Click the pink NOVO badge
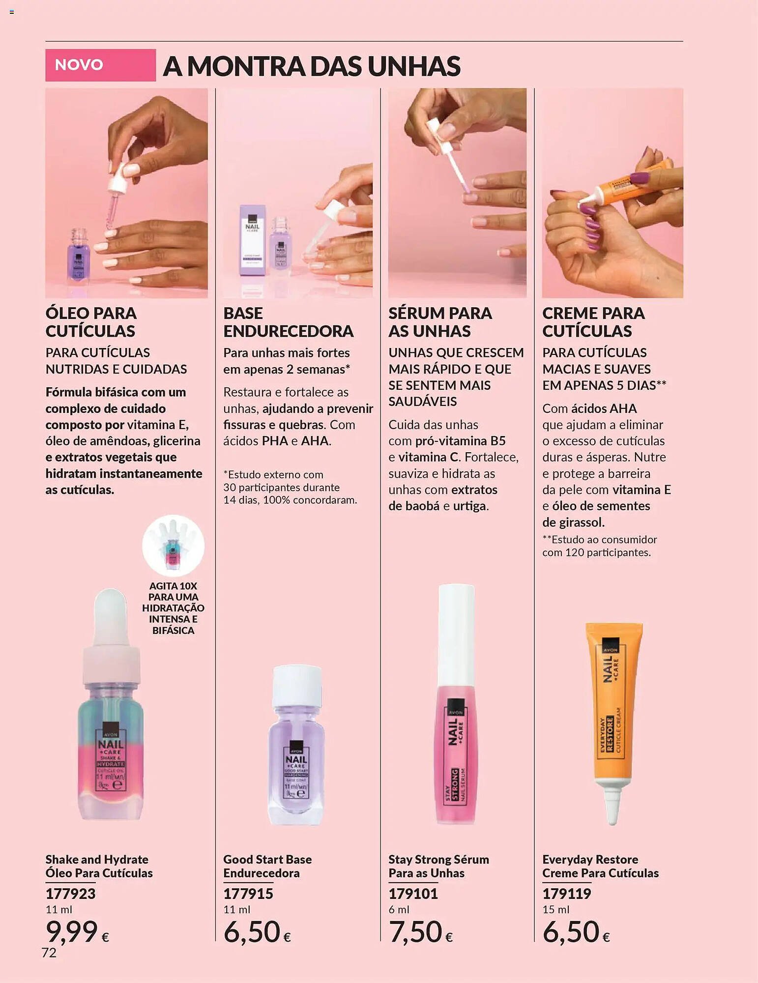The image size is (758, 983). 100,65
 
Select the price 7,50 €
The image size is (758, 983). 420,932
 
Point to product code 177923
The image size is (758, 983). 70,893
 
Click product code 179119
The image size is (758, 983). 566,893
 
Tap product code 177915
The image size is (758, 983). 248,893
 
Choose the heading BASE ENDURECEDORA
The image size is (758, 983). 288,322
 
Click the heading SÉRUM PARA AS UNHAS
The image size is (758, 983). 440,322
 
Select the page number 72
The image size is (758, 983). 49,953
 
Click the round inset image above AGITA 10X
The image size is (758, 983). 173,546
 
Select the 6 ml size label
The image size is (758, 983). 399,909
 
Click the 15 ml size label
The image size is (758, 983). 555,909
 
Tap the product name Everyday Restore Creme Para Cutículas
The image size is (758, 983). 600,866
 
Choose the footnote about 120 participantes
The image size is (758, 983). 599,546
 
